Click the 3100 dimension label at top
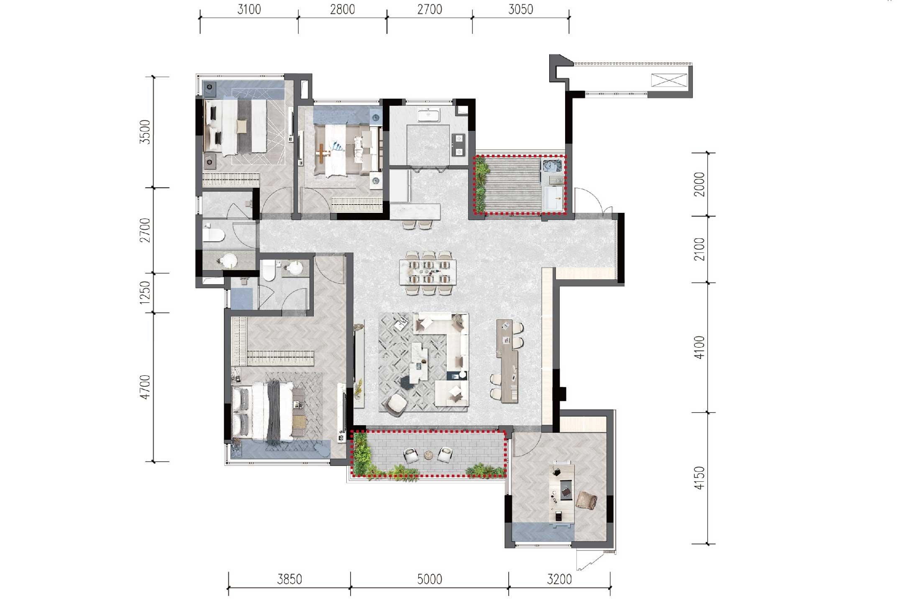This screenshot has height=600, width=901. point(249,9)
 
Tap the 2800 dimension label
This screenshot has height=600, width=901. point(343,9)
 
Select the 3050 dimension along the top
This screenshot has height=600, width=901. point(521,9)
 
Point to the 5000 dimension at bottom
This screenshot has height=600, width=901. point(430,579)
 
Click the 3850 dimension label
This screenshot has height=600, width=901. point(289,579)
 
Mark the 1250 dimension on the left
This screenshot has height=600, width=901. point(145,293)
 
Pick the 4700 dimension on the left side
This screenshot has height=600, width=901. point(145,387)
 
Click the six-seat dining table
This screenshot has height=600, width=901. point(427,272)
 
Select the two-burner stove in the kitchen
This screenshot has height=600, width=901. point(459,144)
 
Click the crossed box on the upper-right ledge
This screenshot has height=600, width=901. point(670,80)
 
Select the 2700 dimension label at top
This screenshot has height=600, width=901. point(430,9)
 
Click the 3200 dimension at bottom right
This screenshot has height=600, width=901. point(559,579)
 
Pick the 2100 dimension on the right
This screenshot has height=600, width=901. point(699,249)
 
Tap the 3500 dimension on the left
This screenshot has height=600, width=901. point(145,132)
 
